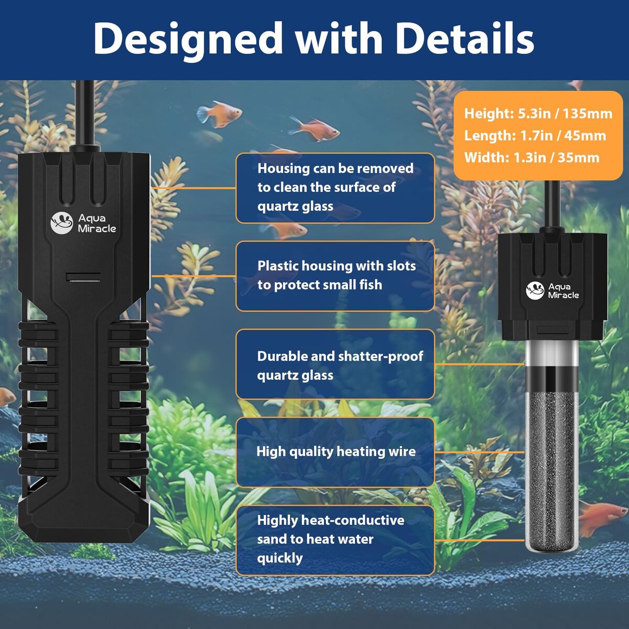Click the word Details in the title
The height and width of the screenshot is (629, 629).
click(464, 39)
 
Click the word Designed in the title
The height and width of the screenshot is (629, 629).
click(188, 39)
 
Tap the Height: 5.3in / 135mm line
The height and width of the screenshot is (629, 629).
click(538, 114)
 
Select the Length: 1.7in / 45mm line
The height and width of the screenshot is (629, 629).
click(535, 136)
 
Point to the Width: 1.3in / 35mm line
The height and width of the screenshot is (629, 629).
click(532, 158)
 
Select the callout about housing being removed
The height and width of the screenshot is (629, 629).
click(335, 188)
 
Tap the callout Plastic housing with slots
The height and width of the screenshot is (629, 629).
click(335, 276)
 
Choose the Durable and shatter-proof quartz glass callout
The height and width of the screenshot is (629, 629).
click(335, 365)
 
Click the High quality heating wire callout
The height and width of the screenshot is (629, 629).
click(335, 452)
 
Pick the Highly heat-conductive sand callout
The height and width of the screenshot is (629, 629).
click(335, 539)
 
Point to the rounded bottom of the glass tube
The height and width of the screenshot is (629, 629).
click(551, 545)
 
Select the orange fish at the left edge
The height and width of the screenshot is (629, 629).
click(6, 397)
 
